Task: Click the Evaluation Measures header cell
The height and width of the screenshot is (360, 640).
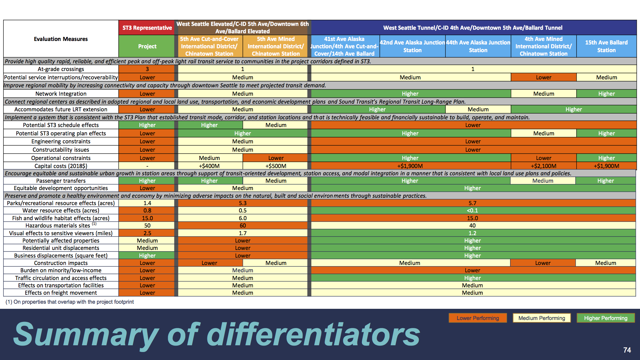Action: tap(61, 39)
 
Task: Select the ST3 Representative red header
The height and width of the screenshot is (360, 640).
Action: tap(147, 28)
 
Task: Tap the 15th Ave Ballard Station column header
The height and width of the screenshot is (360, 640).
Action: tap(606, 46)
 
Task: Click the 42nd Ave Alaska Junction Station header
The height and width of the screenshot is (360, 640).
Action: tap(412, 46)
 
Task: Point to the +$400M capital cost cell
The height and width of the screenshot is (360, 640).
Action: tap(209, 166)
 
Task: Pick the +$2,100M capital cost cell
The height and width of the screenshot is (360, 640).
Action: tap(543, 166)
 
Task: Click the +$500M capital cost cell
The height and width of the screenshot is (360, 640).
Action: tap(276, 166)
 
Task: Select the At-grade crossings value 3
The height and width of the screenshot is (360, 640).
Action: tap(147, 69)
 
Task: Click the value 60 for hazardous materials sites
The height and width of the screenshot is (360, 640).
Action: tap(243, 226)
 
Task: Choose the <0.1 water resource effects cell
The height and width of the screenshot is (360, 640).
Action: tap(472, 211)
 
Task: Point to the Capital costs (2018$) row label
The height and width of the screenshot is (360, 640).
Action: tap(61, 166)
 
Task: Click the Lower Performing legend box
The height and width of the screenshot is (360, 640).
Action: tap(477, 318)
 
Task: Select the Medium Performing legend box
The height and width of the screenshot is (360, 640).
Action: tap(541, 318)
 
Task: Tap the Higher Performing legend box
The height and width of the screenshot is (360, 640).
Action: tap(605, 318)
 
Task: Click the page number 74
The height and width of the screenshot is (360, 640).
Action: tap(627, 350)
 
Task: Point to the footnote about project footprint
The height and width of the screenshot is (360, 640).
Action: tap(70, 302)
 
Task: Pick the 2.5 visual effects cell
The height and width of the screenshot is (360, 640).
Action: tap(147, 233)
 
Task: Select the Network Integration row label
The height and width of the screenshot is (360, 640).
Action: tap(61, 94)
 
